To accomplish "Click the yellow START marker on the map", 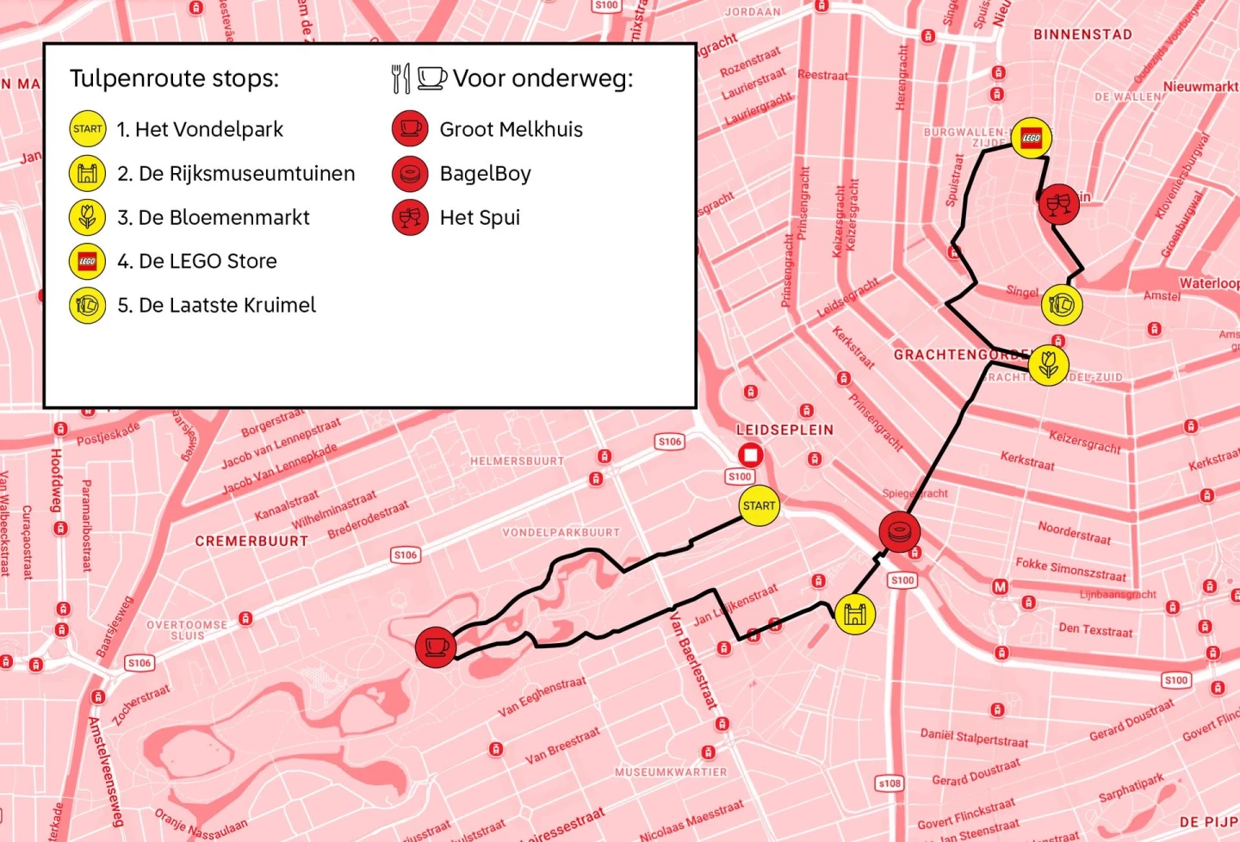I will tap(759, 505).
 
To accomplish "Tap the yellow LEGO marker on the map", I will tap(1031, 138).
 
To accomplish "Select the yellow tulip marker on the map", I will tap(1048, 365).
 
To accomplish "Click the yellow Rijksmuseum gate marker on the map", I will tap(854, 614).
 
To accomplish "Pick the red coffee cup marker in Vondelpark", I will tap(436, 647).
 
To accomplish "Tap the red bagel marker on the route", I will tap(899, 531).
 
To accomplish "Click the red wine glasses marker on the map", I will tap(1058, 205).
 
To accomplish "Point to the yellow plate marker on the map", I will tap(1062, 305).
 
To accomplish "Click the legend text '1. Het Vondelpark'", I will tap(200, 129).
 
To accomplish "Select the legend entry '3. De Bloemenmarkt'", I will tap(213, 217).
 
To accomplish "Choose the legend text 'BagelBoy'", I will tap(485, 173).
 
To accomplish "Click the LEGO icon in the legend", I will tap(87, 261).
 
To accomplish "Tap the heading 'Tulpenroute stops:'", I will tap(174, 78).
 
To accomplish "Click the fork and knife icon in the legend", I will tap(400, 78).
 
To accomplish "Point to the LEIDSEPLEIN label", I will tap(784, 430).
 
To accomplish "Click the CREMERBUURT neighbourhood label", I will tap(251, 542).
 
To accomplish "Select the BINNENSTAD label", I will tap(1082, 34).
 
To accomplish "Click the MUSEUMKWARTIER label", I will tap(670, 772).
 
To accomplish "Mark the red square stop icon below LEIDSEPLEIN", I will tap(750, 454).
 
